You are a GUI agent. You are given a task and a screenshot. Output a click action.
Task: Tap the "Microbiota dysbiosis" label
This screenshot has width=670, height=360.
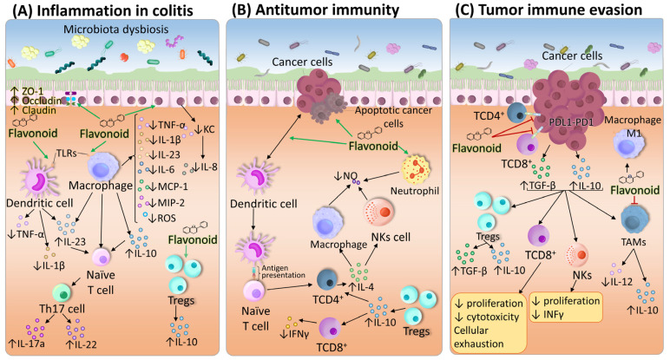pyautogui.click(x=115, y=29)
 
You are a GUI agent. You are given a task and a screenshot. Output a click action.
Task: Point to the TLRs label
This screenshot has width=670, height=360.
pyautogui.click(x=66, y=153)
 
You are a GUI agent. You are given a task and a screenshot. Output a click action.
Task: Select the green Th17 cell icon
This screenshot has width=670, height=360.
pyautogui.click(x=62, y=292)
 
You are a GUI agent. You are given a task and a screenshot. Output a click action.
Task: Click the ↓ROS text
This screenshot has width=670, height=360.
pyautogui.click(x=162, y=219)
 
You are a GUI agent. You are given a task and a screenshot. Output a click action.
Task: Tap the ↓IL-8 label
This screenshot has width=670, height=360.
pyautogui.click(x=205, y=167)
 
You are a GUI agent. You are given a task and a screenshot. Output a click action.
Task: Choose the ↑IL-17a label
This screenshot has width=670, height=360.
pyautogui.click(x=27, y=343)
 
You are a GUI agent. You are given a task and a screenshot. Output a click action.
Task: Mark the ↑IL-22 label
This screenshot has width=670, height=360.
pyautogui.click(x=82, y=344)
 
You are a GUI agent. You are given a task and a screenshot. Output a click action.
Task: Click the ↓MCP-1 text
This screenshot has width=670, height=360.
pyautogui.click(x=167, y=187)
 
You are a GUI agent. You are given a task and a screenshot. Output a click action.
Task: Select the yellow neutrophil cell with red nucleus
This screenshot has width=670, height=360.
pyautogui.click(x=417, y=169)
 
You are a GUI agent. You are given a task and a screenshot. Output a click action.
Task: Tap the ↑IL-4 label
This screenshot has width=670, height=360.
pyautogui.click(x=361, y=287)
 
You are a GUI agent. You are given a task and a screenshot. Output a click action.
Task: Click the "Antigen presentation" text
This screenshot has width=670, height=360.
pyautogui.click(x=283, y=272)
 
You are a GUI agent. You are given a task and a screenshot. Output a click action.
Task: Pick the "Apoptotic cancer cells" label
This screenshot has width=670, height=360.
pyautogui.click(x=393, y=116)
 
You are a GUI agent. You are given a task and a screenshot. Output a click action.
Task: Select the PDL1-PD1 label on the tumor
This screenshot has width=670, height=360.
pyautogui.click(x=571, y=122)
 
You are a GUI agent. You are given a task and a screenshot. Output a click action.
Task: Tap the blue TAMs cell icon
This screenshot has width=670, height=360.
pyautogui.click(x=635, y=219)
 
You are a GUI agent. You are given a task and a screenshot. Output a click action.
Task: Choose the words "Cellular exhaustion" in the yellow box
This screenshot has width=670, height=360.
pyautogui.click(x=478, y=337)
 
